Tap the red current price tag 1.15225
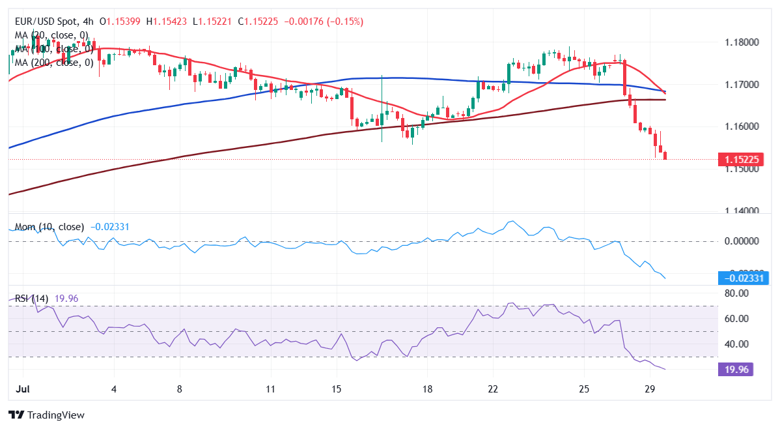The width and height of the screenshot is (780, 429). pos(743,159)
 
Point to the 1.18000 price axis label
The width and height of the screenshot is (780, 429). pos(743,42)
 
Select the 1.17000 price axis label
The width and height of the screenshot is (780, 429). pos(743,85)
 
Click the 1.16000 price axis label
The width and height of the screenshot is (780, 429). pos(743,126)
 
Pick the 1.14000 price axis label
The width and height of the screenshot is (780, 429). pos(743,211)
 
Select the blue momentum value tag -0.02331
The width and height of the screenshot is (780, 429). pos(743,278)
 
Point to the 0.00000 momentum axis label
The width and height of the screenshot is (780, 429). pos(743,241)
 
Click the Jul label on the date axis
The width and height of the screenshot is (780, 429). pos(23,389)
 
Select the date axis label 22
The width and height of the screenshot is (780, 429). pos(493,389)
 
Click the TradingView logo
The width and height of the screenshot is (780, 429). pos(46,415)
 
